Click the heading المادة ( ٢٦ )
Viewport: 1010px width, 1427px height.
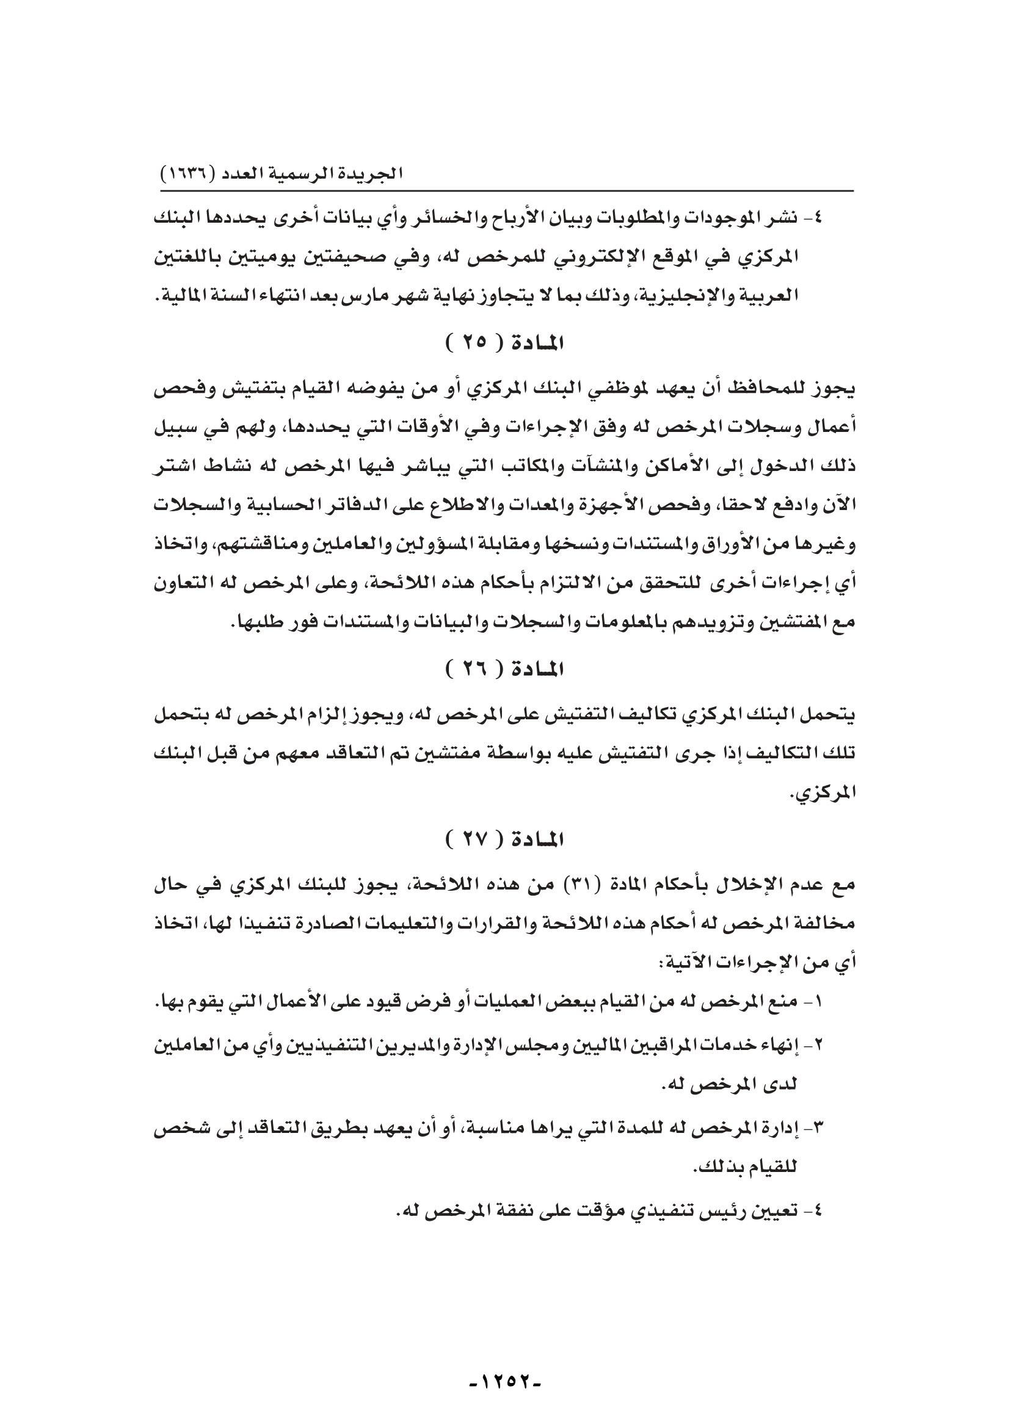click(504, 669)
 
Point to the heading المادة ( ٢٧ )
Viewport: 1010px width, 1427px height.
click(504, 841)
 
